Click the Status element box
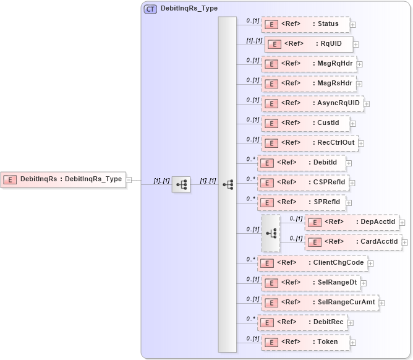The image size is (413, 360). pyautogui.click(x=305, y=25)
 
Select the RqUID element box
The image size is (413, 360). pyautogui.click(x=309, y=45)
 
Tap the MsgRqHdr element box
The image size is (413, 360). pyautogui.click(x=308, y=64)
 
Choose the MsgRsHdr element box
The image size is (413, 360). pyautogui.click(x=308, y=84)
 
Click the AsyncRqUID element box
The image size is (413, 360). pyautogui.click(x=312, y=103)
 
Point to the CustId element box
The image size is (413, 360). pyautogui.click(x=305, y=123)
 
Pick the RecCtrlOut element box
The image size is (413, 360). pyautogui.click(x=309, y=143)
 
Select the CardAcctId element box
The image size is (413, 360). pyautogui.click(x=354, y=242)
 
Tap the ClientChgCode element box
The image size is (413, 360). pyautogui.click(x=312, y=263)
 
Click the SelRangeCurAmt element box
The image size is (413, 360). pyautogui.click(x=319, y=302)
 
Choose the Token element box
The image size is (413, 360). pyautogui.click(x=305, y=341)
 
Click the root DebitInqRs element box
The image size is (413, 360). pyautogui.click(x=62, y=179)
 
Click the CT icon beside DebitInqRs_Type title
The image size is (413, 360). pyautogui.click(x=150, y=9)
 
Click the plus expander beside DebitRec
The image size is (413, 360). pyautogui.click(x=351, y=322)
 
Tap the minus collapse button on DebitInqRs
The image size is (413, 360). pyautogui.click(x=129, y=180)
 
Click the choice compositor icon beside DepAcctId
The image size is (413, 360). pyautogui.click(x=271, y=233)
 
